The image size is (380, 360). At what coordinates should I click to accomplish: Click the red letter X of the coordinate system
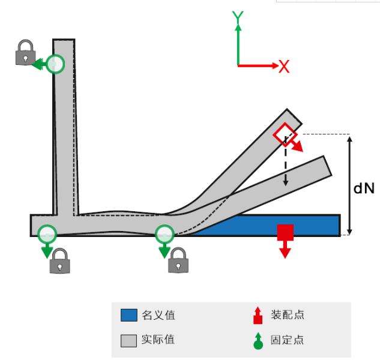[x=284, y=67]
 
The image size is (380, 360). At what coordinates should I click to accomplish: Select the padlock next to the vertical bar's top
[x=25, y=53]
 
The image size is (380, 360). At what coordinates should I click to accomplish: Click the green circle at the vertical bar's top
[x=55, y=63]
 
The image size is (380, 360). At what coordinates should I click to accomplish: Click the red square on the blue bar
[x=285, y=232]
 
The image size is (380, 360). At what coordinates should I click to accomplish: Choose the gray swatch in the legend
[x=129, y=340]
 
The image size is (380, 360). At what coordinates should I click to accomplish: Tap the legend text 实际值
[x=158, y=340]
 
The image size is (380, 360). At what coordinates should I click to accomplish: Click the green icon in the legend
[x=258, y=340]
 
